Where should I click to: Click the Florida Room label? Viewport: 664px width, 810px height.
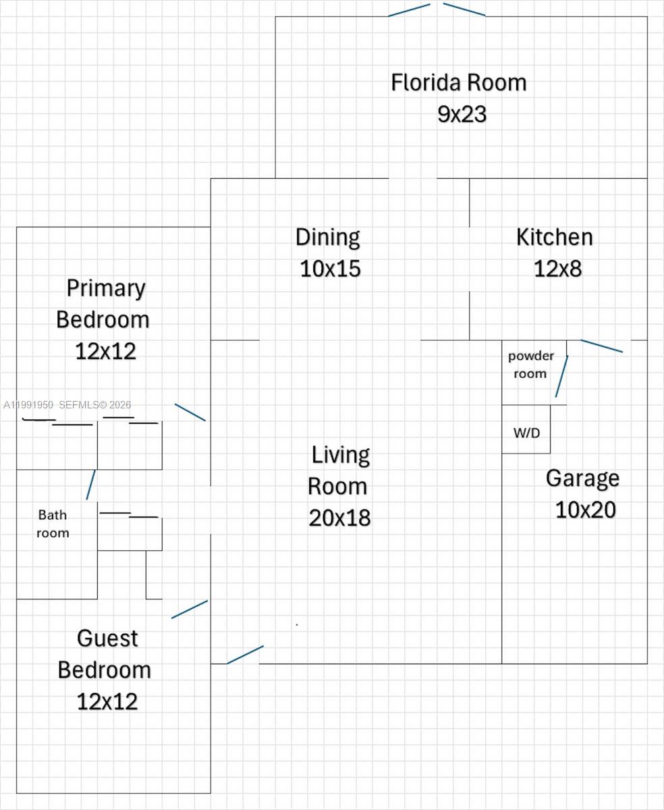pos(458,83)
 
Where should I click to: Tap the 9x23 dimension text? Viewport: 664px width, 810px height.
pos(462,114)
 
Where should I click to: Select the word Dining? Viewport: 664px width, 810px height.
pos(327,238)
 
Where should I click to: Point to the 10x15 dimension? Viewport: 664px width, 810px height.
pos(330,269)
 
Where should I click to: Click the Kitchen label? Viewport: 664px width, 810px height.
pos(554,238)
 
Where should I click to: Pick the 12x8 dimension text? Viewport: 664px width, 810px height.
pos(557,269)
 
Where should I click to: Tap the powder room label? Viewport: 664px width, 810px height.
pos(530,364)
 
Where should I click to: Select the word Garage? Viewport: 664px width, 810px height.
pos(582,478)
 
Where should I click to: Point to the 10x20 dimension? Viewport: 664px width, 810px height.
pos(585,510)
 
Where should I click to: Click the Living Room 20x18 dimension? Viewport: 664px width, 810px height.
pos(339,518)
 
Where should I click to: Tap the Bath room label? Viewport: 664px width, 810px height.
pos(53,524)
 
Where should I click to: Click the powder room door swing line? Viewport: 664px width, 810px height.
pos(561,377)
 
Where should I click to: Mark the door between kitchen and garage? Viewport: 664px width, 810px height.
pos(602,346)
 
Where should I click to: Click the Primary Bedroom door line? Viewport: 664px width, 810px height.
pos(190,412)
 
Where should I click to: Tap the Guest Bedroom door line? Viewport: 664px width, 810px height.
pos(190,609)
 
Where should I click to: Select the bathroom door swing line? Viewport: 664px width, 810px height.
pos(90,485)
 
